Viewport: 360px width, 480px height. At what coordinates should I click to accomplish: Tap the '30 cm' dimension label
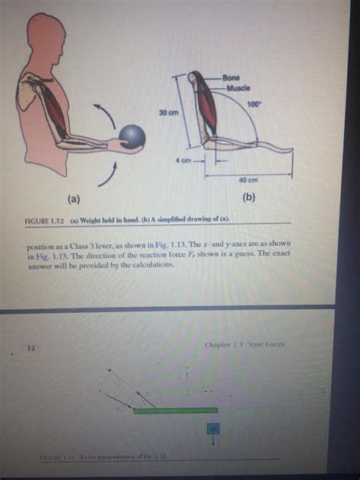[169, 112]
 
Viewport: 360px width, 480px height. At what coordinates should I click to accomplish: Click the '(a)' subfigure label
[73, 199]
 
